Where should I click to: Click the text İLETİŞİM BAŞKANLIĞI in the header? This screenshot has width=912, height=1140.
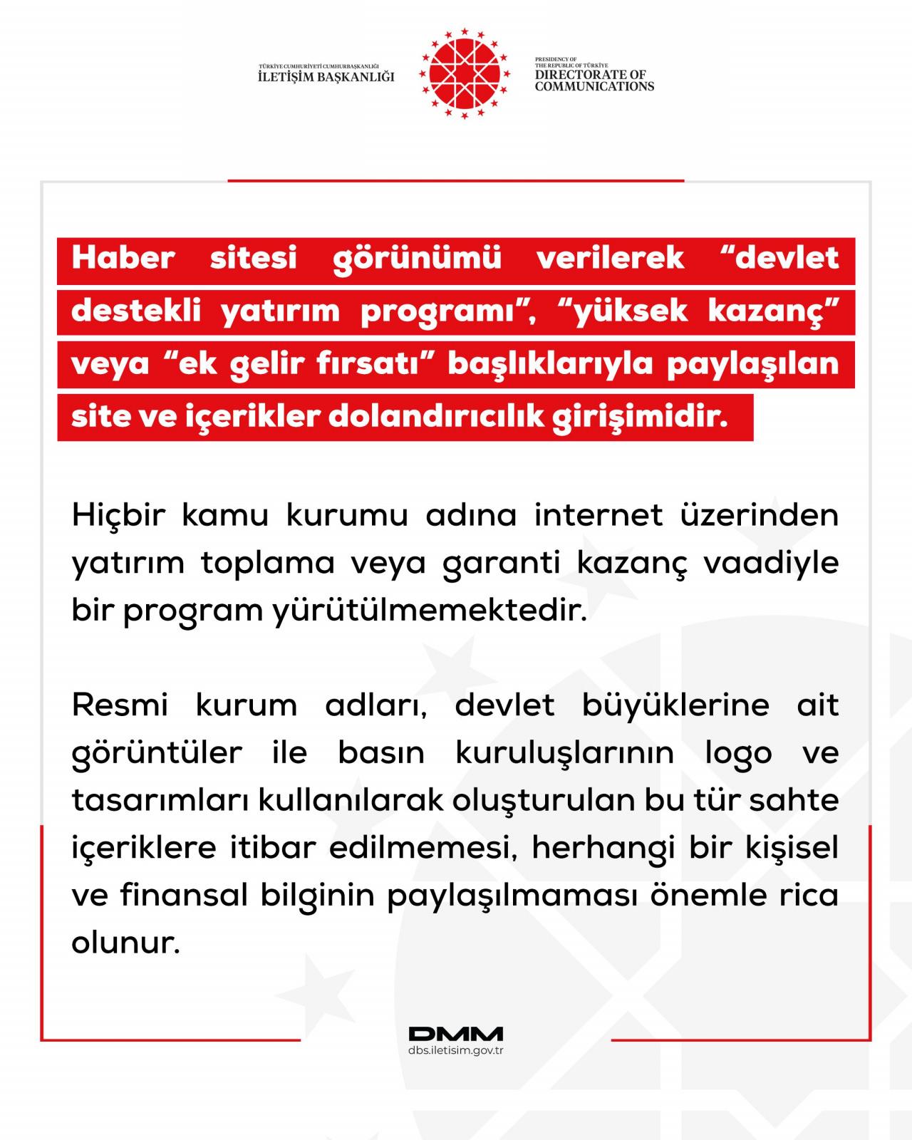(326, 77)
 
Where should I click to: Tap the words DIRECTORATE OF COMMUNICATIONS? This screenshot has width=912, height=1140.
(594, 81)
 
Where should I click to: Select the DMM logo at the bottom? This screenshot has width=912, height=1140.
(456, 1034)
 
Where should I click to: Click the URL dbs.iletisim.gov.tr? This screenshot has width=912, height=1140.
(456, 1051)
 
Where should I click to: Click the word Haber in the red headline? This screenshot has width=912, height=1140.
(123, 257)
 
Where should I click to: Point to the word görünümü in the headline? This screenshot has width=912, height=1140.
(417, 257)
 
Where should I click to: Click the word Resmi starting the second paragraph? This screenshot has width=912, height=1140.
(120, 705)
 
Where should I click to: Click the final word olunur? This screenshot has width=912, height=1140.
(125, 943)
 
